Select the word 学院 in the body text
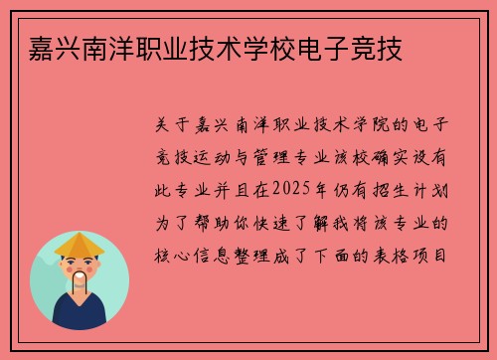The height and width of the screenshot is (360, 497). [x=356, y=124]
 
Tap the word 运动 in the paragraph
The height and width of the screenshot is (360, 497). [x=228, y=156]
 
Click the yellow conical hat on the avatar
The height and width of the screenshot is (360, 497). [x=80, y=244]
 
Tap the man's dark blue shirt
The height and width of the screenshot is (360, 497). [x=80, y=315]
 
